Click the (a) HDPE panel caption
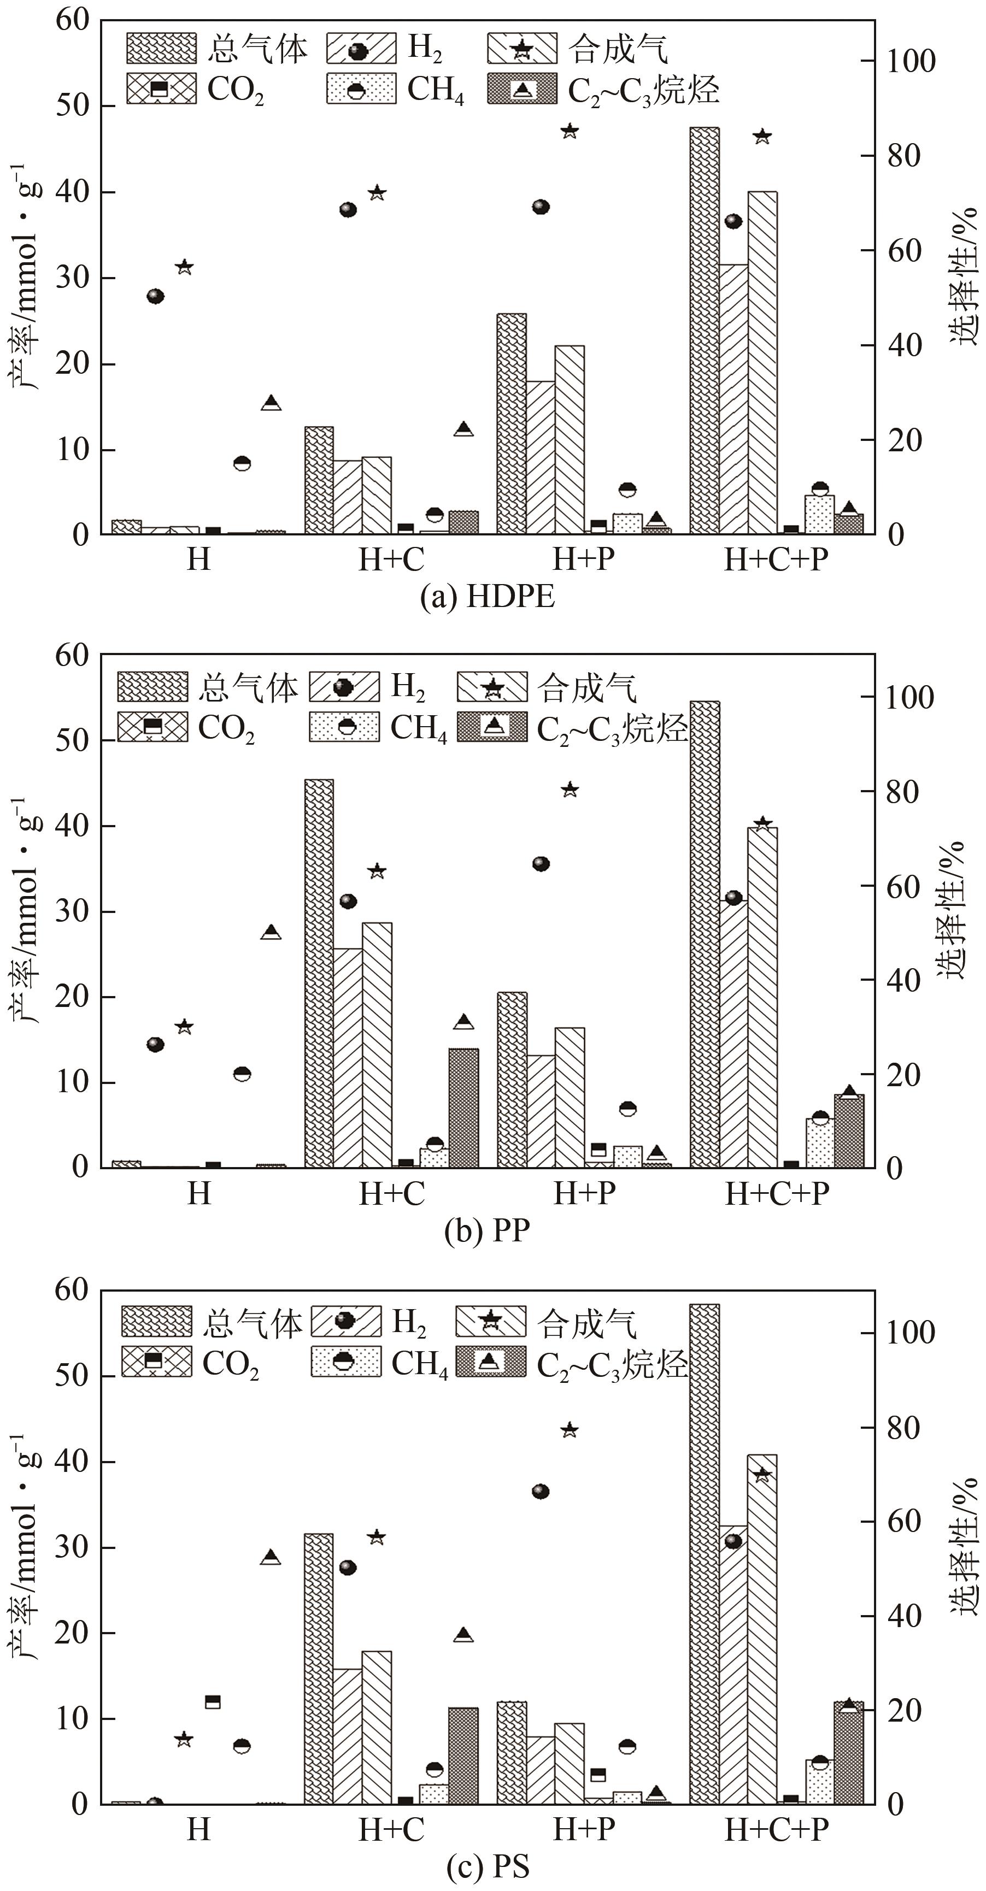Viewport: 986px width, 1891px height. click(487, 596)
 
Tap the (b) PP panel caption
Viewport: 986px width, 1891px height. click(487, 1229)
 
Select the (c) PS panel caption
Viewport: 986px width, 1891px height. click(487, 1865)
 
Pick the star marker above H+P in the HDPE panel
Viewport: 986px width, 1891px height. click(570, 131)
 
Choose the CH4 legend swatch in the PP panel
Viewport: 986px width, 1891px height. click(344, 727)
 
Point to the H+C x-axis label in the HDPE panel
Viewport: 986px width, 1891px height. click(391, 559)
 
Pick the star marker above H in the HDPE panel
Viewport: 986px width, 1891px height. click(184, 267)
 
